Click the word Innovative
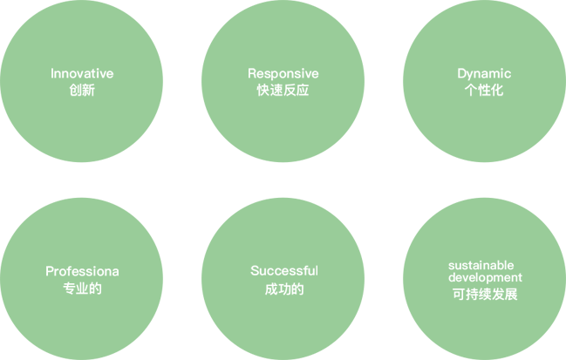(x=82, y=73)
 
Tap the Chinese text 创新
(x=82, y=90)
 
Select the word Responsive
(x=283, y=73)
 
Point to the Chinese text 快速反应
(x=283, y=90)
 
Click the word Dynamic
(x=484, y=73)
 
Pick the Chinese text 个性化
(x=484, y=90)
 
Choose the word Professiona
(x=82, y=271)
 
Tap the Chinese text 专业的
(x=82, y=289)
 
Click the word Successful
(x=284, y=271)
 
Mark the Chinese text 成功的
(x=284, y=289)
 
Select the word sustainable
(x=481, y=265)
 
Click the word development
(x=485, y=277)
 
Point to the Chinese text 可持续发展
(x=485, y=295)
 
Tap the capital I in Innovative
(x=52, y=73)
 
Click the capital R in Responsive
(x=252, y=73)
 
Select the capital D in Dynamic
(x=462, y=73)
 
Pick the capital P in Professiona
(x=50, y=271)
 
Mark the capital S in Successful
(x=255, y=271)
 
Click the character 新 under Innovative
(x=88, y=90)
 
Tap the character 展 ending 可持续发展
(x=511, y=295)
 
